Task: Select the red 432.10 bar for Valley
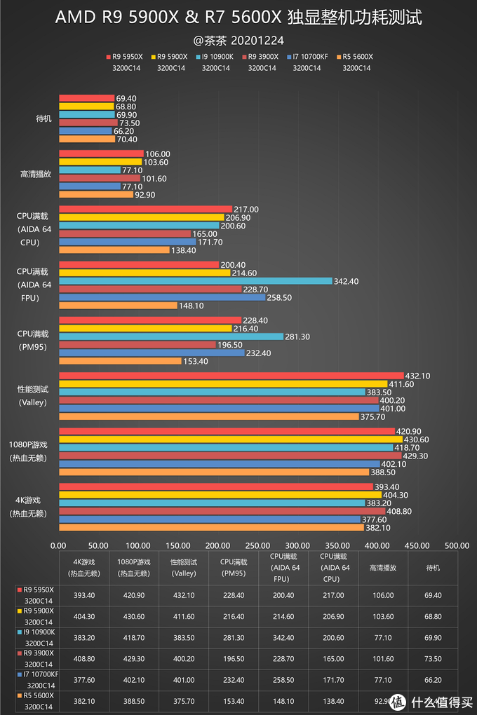[231, 376]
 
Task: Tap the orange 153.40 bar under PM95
[120, 361]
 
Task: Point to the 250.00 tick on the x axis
[257, 545]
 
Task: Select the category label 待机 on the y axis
[43, 118]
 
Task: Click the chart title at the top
[238, 18]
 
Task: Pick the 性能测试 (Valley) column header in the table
[184, 567]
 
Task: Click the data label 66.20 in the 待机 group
[124, 130]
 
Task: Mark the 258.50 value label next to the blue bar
[279, 297]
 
